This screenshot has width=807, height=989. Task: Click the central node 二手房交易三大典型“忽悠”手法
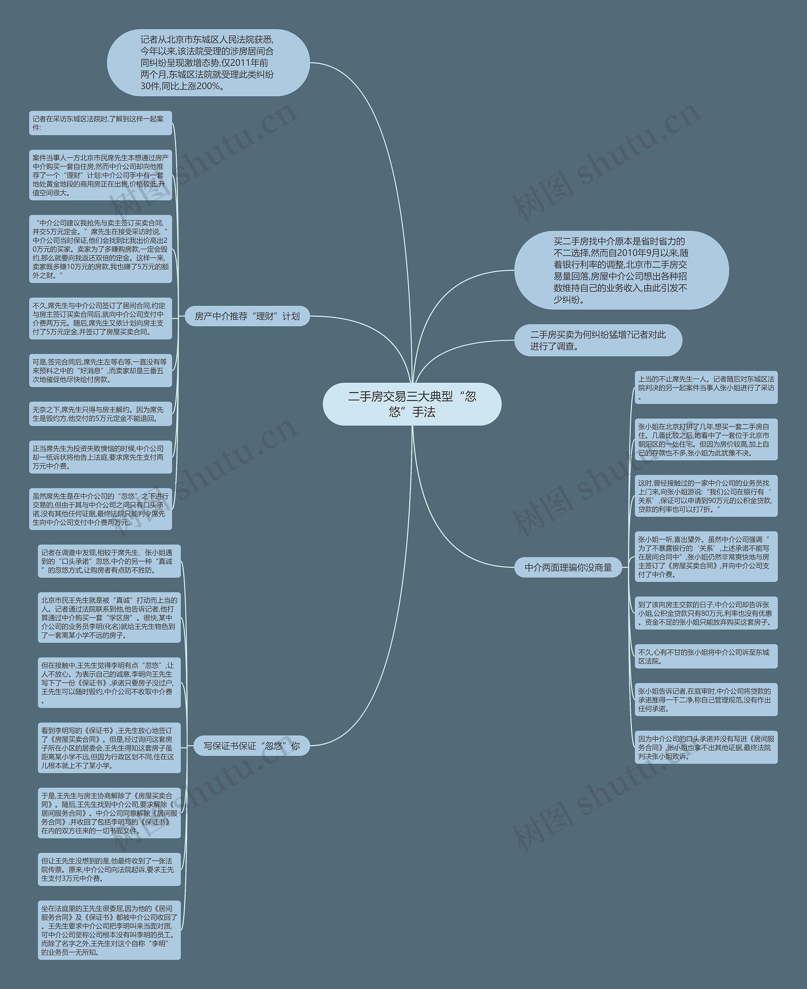point(412,404)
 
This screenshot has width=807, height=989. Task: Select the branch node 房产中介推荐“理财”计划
point(247,316)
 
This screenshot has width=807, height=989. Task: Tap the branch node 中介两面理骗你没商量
point(568,567)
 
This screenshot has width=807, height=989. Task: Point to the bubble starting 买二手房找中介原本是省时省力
point(621,270)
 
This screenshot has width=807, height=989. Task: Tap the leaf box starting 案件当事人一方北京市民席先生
point(101,175)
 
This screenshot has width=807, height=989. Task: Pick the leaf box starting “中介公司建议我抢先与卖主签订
point(101,249)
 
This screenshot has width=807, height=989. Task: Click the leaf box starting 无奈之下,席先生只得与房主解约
point(101,414)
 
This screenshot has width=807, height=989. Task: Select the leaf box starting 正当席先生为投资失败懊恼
point(101,457)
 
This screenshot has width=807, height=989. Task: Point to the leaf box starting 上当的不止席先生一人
point(706,388)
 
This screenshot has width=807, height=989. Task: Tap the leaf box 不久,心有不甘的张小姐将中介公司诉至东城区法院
point(706,656)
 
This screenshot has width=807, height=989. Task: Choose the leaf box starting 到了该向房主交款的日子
point(706,613)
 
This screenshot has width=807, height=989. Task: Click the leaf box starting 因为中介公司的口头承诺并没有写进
point(706,747)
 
